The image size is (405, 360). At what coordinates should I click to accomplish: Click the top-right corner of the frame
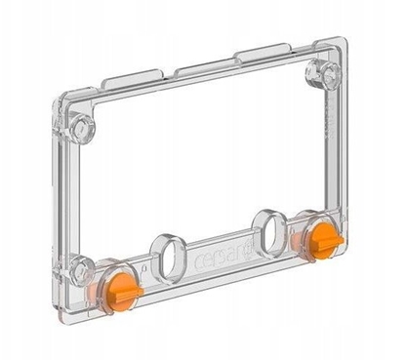[344, 45]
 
